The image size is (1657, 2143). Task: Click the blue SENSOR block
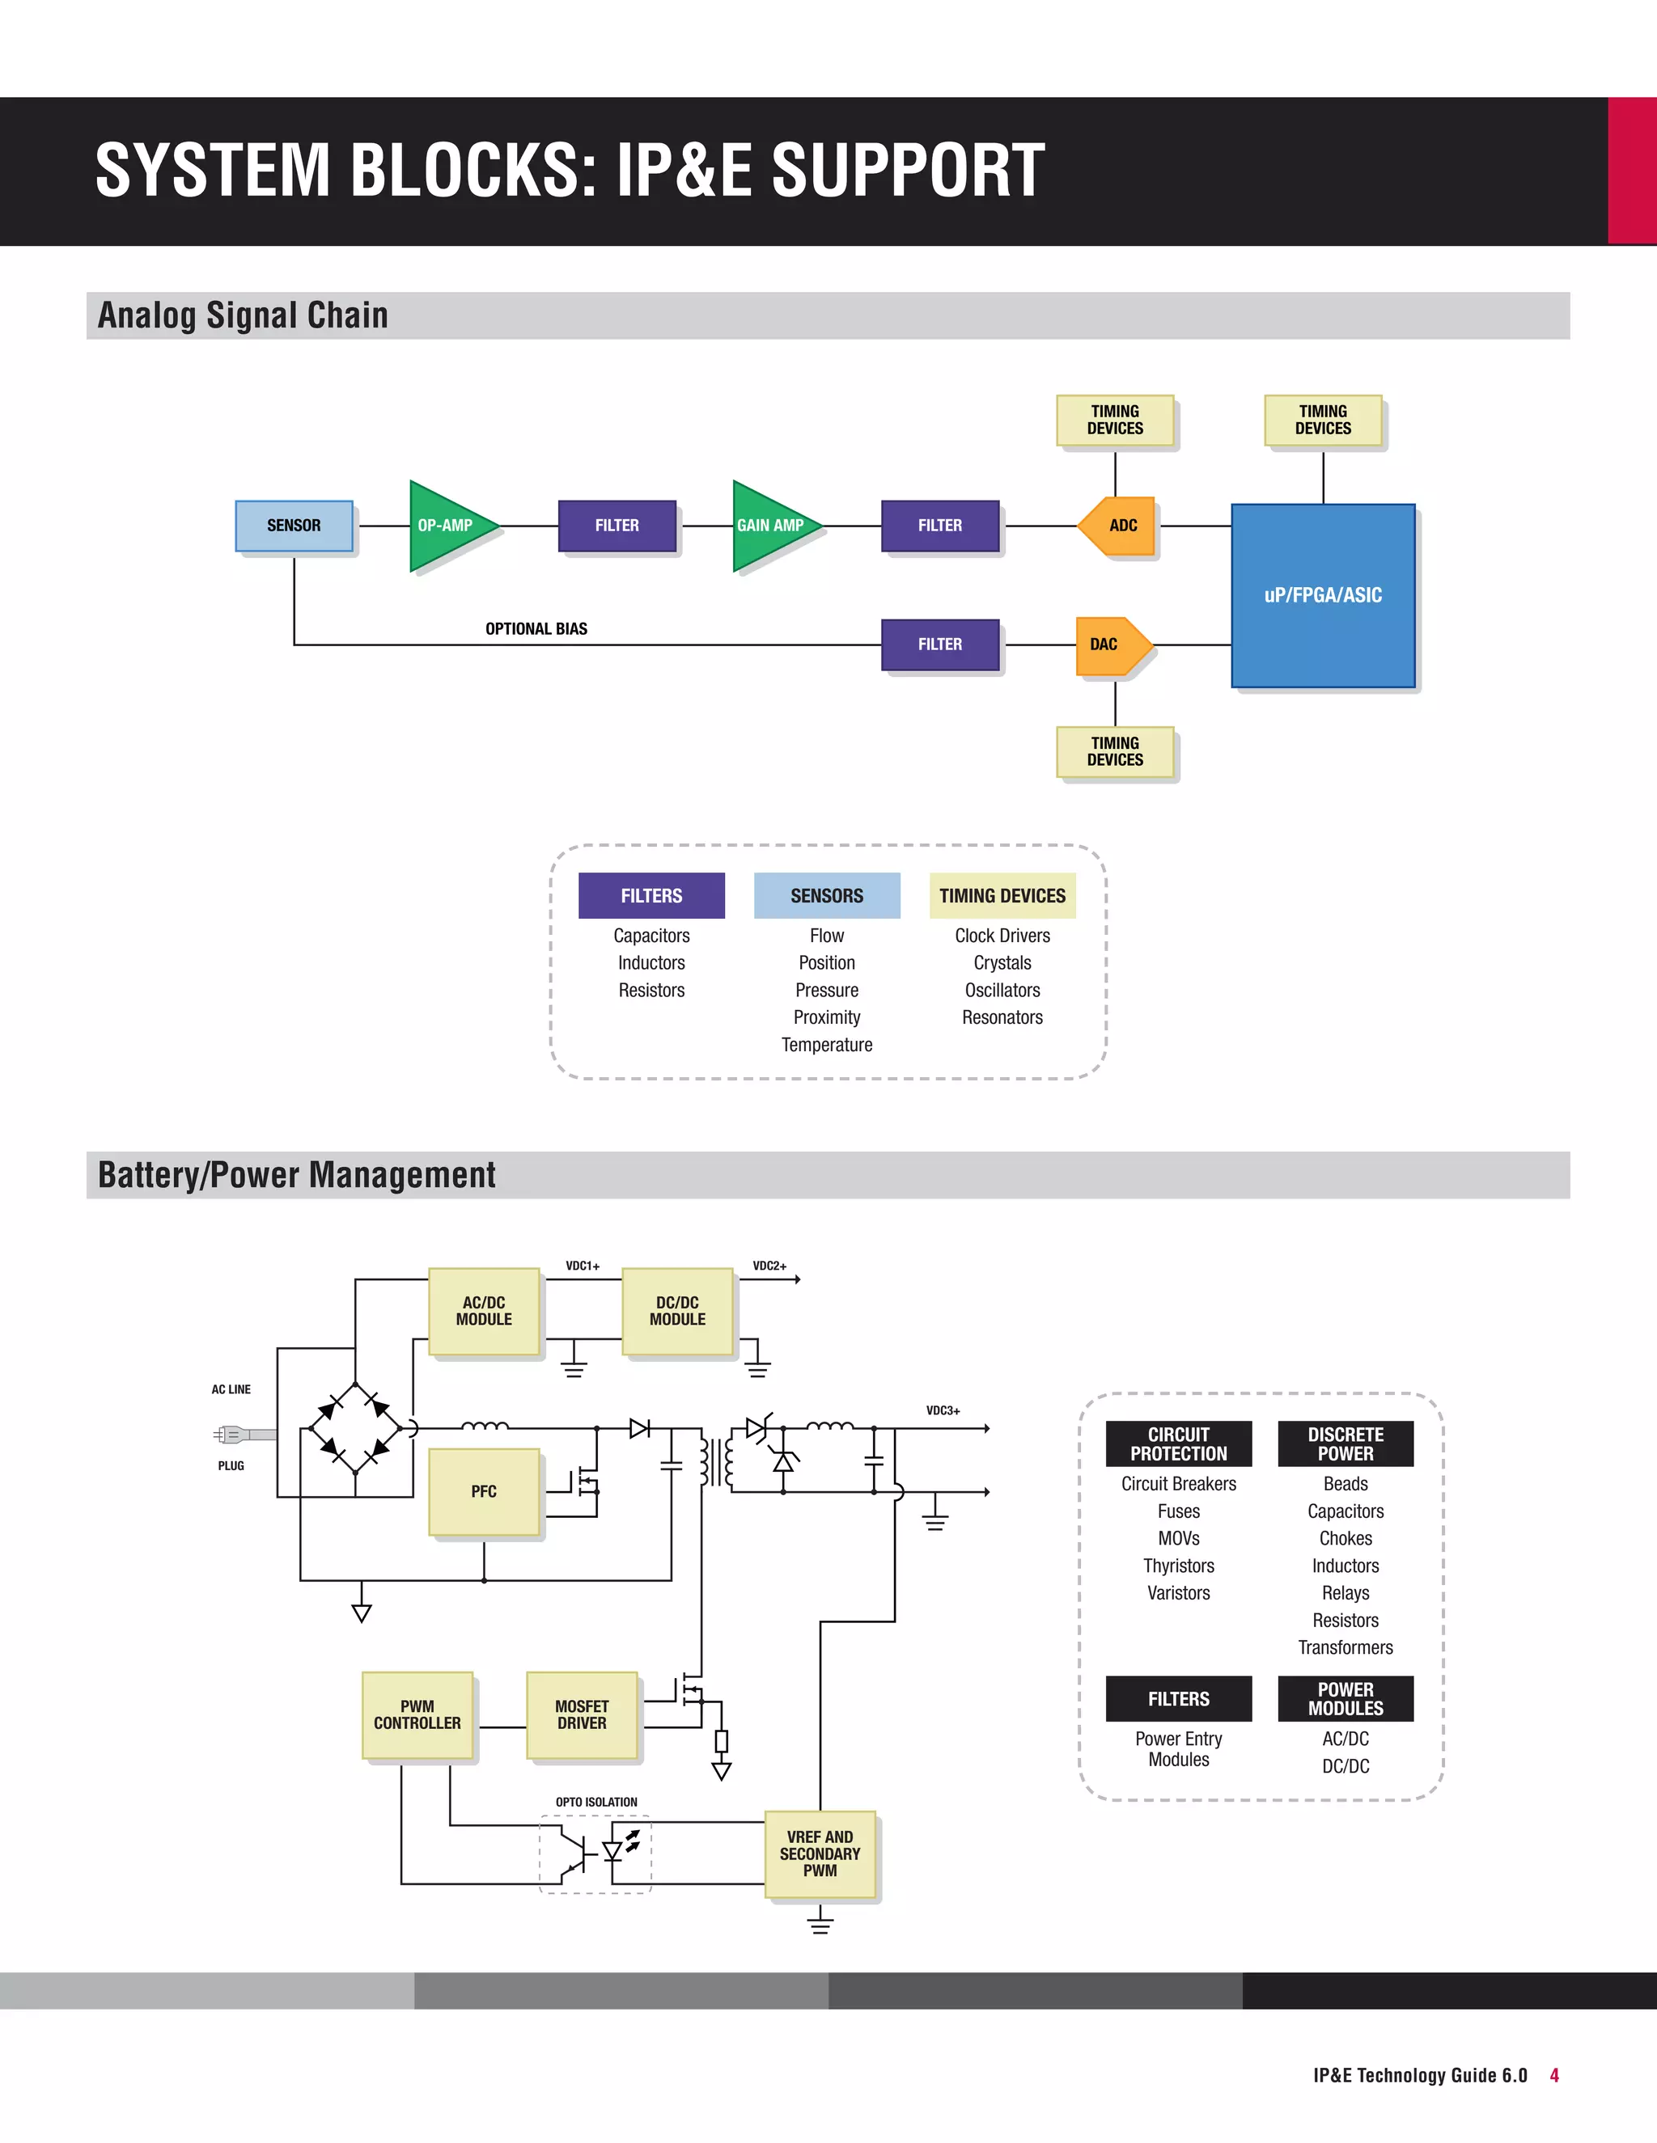[x=294, y=526]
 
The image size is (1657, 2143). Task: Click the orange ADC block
[x=1120, y=526]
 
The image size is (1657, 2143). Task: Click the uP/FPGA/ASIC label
[x=1322, y=594]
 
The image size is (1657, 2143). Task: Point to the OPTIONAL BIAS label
[x=536, y=629]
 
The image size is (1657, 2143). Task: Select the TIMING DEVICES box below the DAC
[x=1114, y=751]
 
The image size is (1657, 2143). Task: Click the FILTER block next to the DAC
[x=939, y=645]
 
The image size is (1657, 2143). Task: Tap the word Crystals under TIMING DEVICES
[x=1002, y=962]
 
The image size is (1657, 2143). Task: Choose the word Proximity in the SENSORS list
[x=827, y=1017]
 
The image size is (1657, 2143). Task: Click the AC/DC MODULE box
[x=484, y=1311]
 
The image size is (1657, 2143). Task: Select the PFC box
[x=484, y=1491]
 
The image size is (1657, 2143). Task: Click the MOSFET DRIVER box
[x=582, y=1715]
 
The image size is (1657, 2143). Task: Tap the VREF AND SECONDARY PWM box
[x=820, y=1853]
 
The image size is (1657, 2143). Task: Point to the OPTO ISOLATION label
[x=595, y=1803]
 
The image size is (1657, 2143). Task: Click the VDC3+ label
[x=943, y=1411]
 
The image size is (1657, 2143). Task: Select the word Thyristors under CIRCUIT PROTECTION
[x=1178, y=1566]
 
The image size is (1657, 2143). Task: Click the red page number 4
[x=1554, y=2075]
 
